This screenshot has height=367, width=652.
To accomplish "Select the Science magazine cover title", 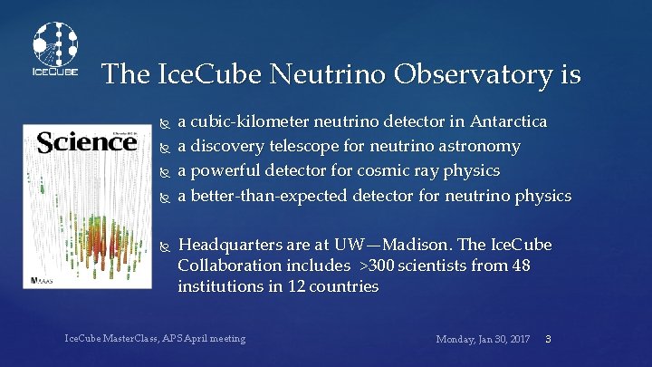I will tap(73, 142).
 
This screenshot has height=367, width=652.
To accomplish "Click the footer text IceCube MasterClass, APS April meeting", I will tap(155, 339).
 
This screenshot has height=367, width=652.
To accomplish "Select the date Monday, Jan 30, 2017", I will tap(483, 339).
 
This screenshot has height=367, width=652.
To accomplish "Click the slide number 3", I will tap(548, 339).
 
